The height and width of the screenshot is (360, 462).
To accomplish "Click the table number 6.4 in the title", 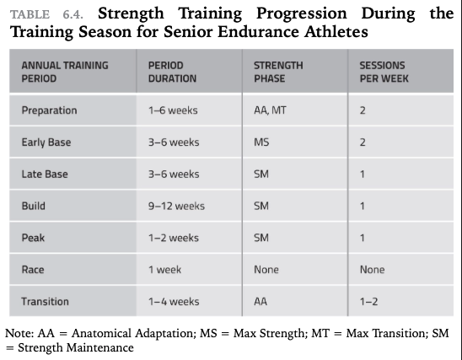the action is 73,14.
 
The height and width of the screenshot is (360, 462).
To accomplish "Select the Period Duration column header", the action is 172,72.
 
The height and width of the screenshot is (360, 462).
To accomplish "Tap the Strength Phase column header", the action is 278,72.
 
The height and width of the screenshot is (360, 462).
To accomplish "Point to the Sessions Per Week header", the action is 384,72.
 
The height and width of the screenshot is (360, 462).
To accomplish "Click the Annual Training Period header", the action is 65,72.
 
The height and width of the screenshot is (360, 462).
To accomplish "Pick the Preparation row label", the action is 49,110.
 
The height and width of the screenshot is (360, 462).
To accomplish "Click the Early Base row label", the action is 46,142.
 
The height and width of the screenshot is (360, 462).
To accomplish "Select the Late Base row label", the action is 45,175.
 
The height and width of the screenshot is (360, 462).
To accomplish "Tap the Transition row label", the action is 45,301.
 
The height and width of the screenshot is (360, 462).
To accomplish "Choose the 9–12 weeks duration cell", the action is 176,206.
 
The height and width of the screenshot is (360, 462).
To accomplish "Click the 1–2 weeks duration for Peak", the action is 174,238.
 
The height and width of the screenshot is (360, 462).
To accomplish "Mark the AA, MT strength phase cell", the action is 270,110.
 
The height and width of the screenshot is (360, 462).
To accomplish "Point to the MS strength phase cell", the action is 261,142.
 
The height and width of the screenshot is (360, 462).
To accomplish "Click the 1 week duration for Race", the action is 164,270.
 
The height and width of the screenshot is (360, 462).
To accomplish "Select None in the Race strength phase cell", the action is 266,270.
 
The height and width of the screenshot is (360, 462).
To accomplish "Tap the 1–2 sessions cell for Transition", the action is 368,301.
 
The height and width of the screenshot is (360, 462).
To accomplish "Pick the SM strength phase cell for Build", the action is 261,206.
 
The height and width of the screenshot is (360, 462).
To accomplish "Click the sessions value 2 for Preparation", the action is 363,110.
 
